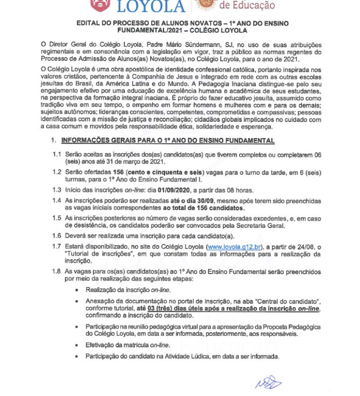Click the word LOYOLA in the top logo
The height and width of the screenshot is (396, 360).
(x=152, y=6)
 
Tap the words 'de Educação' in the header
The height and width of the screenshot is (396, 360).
(x=247, y=5)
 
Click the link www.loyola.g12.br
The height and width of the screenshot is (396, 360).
(x=233, y=247)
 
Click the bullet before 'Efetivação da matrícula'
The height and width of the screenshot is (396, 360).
(x=77, y=346)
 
